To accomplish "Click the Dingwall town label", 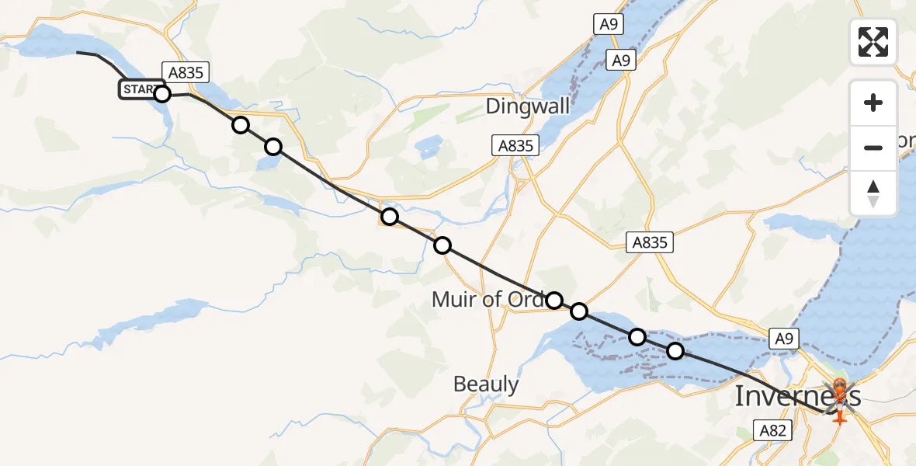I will tap(528, 106).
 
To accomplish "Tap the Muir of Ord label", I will tap(488, 299).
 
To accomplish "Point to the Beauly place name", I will tap(486, 384).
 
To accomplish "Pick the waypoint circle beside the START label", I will tap(161, 94).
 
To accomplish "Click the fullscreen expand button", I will tap(873, 42).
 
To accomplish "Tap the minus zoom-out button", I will tap(873, 148).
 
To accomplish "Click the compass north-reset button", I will tap(873, 193).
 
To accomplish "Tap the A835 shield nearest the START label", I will tap(186, 72).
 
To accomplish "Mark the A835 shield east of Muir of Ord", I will tap(649, 242).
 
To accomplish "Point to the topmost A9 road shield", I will tap(608, 25).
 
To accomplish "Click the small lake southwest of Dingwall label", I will tap(427, 148).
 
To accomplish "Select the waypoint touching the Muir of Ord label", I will tap(553, 301).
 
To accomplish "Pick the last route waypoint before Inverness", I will tap(675, 351).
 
